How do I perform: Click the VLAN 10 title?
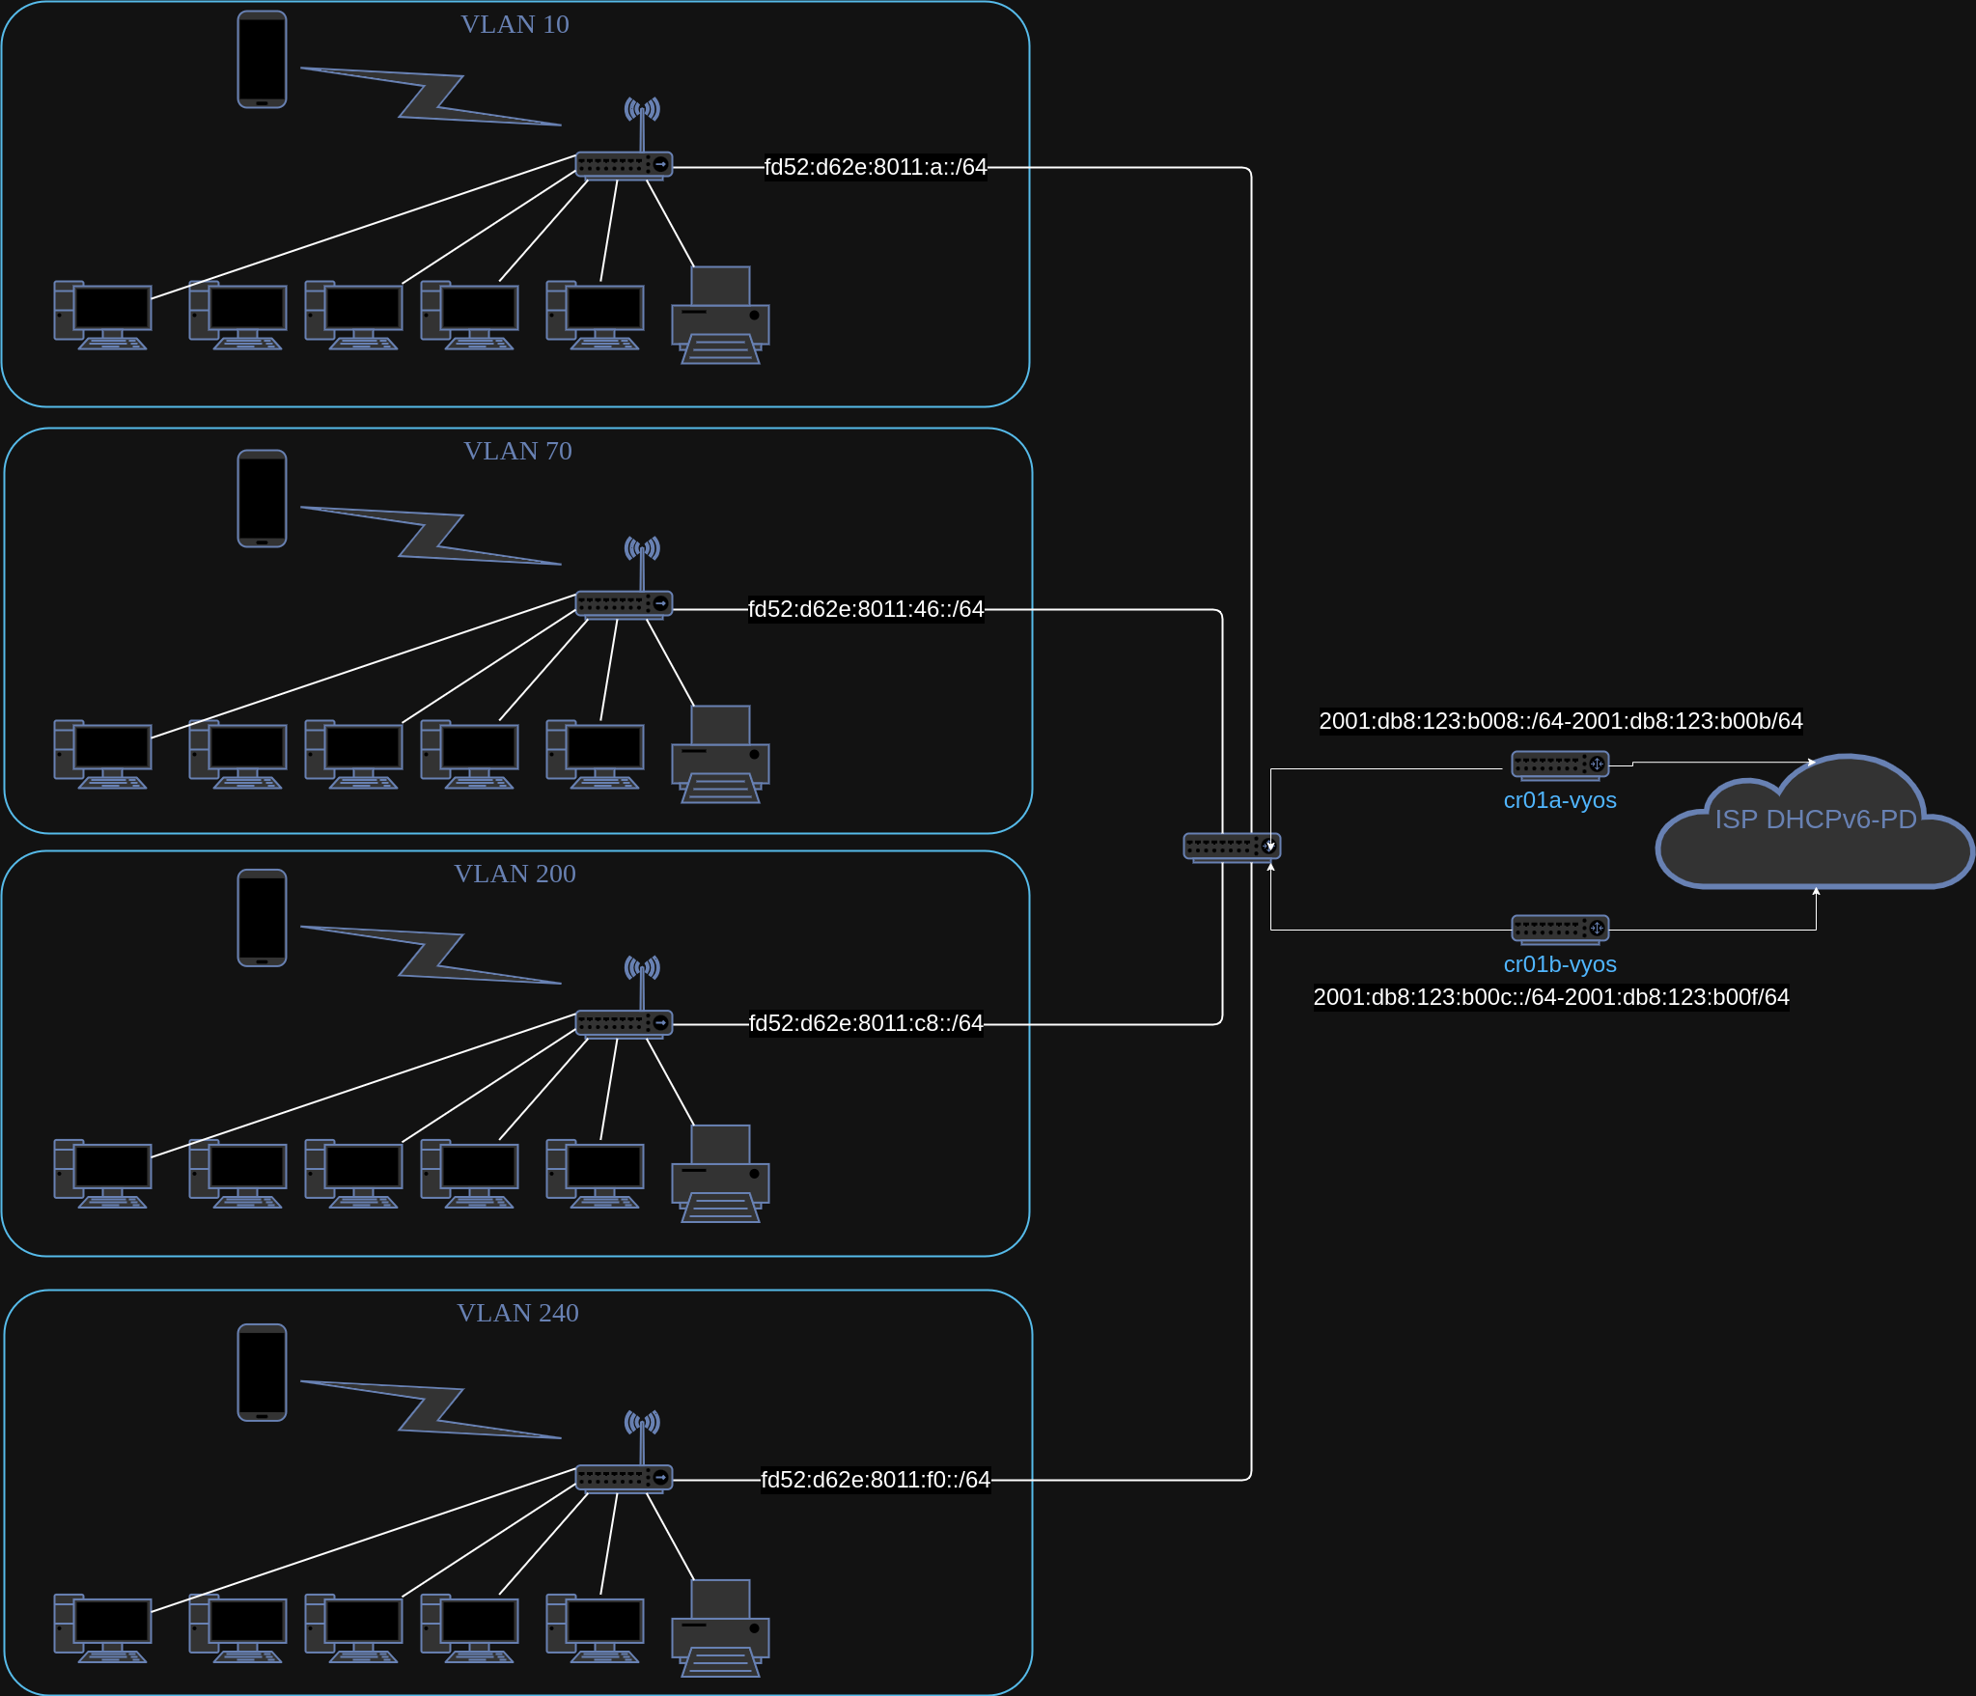[x=515, y=24]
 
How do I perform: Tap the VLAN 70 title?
[x=517, y=451]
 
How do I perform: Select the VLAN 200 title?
[x=515, y=874]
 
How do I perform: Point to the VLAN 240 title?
[x=517, y=1313]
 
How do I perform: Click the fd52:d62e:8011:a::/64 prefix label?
[x=876, y=167]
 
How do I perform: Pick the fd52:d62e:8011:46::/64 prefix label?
[x=866, y=609]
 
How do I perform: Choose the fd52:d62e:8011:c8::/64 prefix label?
[x=866, y=1023]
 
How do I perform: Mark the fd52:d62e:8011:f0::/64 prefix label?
[x=876, y=1480]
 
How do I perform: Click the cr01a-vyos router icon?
[x=1559, y=765]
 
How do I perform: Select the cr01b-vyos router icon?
[x=1559, y=929]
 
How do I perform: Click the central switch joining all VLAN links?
[x=1232, y=847]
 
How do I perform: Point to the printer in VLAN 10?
[x=720, y=316]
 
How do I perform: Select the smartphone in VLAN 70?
[x=262, y=498]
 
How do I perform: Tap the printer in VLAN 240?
[x=720, y=1628]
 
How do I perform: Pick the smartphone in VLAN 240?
[x=262, y=1372]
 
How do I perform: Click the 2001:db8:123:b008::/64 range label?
[x=1560, y=721]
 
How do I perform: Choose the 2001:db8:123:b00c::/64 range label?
[x=1550, y=997]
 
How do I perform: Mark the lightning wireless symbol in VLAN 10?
[x=431, y=97]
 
